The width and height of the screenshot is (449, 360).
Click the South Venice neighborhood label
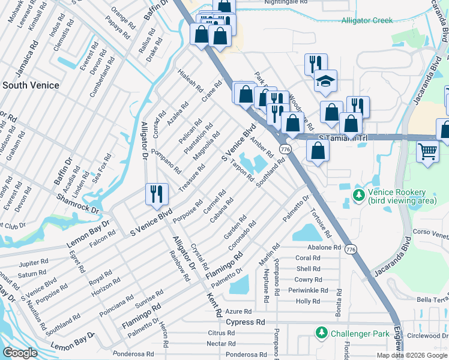click(x=31, y=85)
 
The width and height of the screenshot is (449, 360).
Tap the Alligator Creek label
click(x=367, y=20)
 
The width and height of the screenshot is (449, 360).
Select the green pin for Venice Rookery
click(x=359, y=195)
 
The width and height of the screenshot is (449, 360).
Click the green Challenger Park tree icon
click(x=321, y=332)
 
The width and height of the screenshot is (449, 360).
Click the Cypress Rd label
click(x=246, y=322)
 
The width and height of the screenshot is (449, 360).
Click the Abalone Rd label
click(x=324, y=247)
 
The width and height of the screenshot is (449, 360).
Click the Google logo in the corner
click(x=20, y=353)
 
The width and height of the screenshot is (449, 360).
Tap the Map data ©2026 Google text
click(x=412, y=355)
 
